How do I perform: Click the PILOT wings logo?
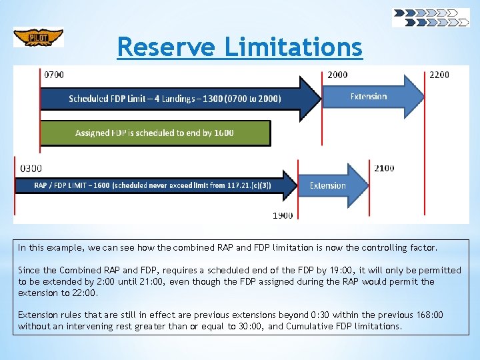click(x=38, y=37)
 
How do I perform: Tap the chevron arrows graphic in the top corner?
click(x=431, y=17)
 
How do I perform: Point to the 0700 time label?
click(x=54, y=75)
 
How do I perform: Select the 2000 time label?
click(x=337, y=75)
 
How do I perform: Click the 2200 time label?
click(x=439, y=75)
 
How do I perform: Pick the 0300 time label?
click(x=31, y=168)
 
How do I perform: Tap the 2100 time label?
click(x=384, y=168)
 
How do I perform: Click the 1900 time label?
click(x=283, y=215)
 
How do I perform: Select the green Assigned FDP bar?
click(x=155, y=133)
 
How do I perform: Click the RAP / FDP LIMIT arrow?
click(x=153, y=185)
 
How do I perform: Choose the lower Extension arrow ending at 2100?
click(x=331, y=185)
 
